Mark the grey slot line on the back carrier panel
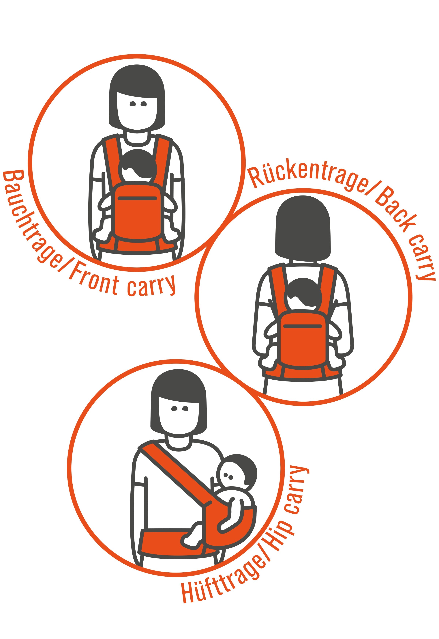click(303, 326)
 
